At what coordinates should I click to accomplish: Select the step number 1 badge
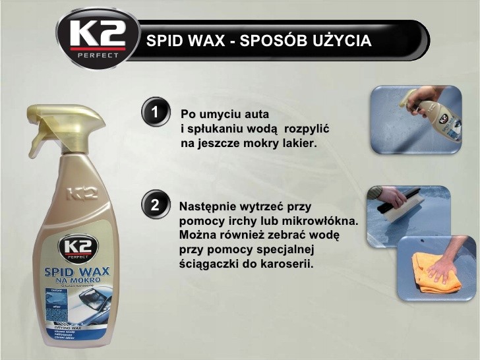(155, 112)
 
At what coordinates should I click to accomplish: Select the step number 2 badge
(155, 205)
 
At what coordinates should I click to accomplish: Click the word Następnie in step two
(208, 206)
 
